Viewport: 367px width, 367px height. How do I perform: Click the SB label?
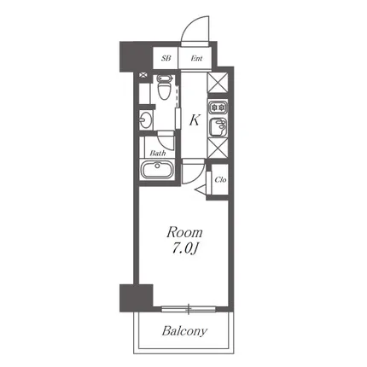point(166,58)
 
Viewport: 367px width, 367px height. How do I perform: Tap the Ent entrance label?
point(196,58)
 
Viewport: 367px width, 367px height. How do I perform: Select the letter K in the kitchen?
point(195,120)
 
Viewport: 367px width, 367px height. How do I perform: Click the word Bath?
point(158,153)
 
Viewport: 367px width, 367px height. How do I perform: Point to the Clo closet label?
point(220,179)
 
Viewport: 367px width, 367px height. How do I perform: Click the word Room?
point(184,232)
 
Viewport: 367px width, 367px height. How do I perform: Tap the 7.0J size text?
point(184,248)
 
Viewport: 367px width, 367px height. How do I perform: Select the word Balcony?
point(184,331)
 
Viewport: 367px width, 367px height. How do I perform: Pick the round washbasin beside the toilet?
point(146,120)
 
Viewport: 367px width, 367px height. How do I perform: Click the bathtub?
point(157,170)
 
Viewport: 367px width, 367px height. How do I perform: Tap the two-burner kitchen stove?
point(218,108)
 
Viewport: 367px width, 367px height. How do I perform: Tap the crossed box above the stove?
point(218,83)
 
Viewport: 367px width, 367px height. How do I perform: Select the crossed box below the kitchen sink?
point(218,148)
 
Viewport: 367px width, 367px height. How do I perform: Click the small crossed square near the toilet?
point(143,75)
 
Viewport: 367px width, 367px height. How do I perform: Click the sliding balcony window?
point(189,309)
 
